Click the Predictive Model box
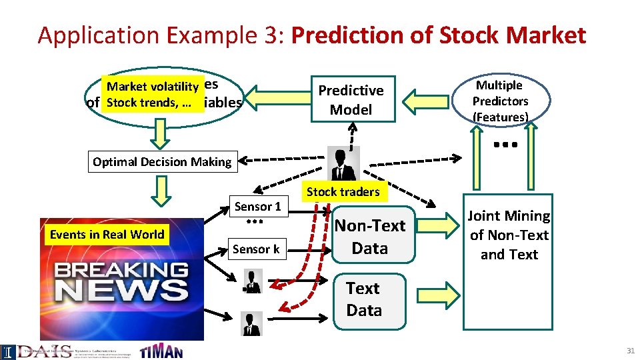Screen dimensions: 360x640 pos(351,100)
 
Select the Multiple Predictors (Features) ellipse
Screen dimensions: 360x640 pos(500,101)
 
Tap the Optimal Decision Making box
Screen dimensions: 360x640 pos(162,161)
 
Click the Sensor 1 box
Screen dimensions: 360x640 pos(257,207)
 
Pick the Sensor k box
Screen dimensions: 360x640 pos(256,249)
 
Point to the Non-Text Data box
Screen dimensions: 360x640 pos(369,237)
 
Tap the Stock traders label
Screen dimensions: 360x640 pos(343,192)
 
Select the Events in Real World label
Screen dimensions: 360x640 pos(107,234)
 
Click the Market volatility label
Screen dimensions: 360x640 pos(153,86)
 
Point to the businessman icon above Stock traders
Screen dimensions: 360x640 pos(344,163)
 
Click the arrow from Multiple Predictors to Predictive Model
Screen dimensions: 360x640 pos(431,101)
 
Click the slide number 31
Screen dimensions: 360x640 pos(630,351)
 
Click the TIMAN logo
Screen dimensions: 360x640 pos(161,351)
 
